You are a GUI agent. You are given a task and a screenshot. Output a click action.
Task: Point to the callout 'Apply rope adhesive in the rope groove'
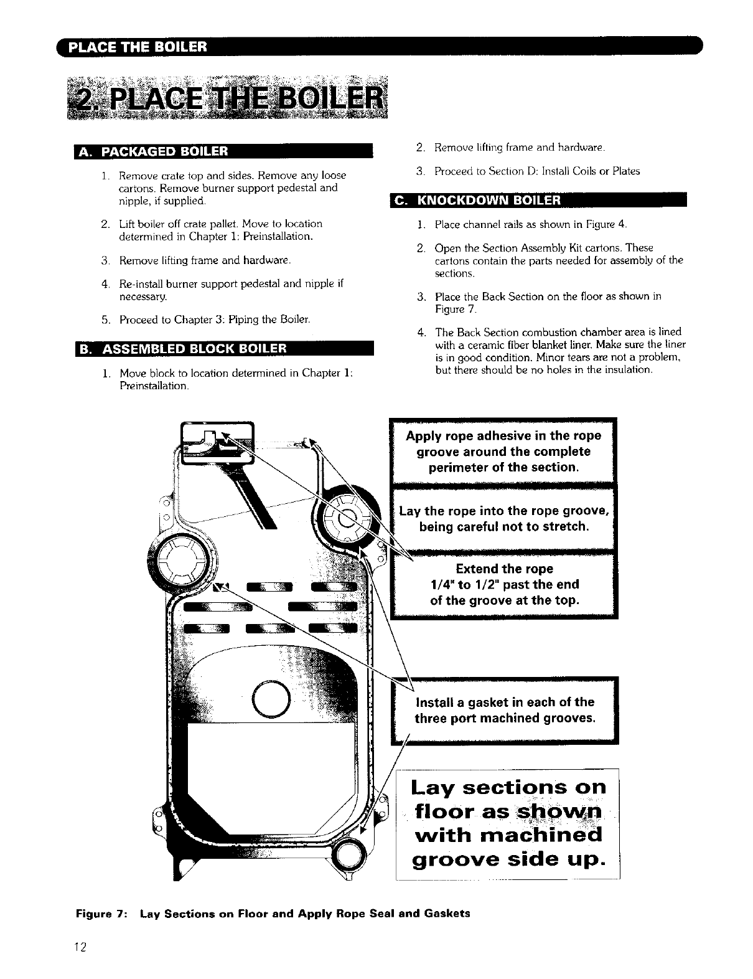coord(503,452)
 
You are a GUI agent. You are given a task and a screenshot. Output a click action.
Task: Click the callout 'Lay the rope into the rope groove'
coord(503,519)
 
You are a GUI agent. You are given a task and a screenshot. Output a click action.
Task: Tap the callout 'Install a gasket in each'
coord(504,710)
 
